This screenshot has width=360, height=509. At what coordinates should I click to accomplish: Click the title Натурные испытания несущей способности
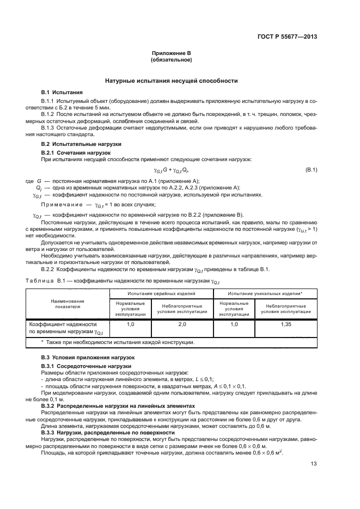172,81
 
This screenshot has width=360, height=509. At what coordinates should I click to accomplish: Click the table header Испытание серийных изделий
162,293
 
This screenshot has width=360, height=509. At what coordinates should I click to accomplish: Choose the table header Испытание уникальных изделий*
265,293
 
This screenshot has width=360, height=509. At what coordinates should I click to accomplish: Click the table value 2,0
182,324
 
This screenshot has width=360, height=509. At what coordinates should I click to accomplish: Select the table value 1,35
286,324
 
